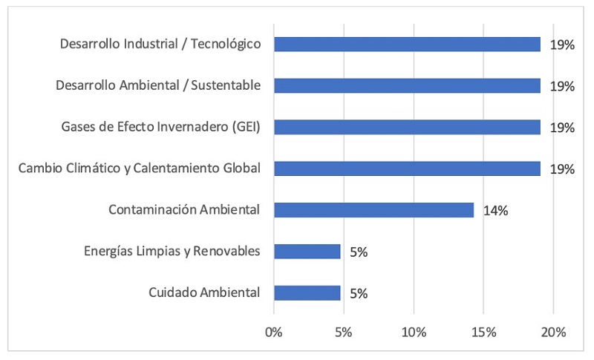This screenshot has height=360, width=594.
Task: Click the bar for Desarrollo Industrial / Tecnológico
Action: (407, 45)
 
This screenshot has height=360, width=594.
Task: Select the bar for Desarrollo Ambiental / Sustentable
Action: (407, 86)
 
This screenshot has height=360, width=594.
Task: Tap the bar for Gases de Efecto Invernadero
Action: (407, 128)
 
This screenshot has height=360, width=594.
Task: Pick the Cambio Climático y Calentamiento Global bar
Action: (407, 168)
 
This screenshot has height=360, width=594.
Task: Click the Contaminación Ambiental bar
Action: (373, 210)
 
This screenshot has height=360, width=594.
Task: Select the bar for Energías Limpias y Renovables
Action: (307, 252)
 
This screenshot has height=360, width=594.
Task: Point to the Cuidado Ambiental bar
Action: (307, 292)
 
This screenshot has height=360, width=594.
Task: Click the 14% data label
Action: (495, 211)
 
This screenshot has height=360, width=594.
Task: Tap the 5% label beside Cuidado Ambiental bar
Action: (359, 293)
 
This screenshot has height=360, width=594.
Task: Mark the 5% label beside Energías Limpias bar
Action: (359, 252)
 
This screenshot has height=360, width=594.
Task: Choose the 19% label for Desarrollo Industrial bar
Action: (562, 45)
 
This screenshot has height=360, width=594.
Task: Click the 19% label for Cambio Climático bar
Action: (562, 169)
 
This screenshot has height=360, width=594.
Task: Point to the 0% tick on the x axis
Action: (274, 331)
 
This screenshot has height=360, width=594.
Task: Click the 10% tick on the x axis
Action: (414, 331)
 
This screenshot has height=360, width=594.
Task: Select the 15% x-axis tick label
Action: (483, 331)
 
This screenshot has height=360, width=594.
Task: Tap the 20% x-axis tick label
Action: (553, 331)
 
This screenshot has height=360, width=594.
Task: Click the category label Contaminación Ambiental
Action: (184, 210)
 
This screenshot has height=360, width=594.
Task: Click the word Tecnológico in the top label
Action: (226, 45)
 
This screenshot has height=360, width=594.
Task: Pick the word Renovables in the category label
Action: (226, 252)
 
